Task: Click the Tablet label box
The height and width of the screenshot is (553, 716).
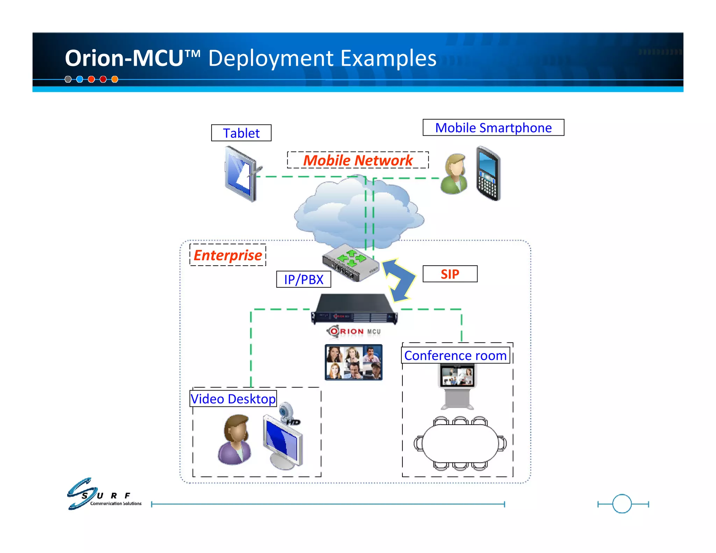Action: tap(241, 133)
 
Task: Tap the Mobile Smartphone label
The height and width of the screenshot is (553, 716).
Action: tap(493, 128)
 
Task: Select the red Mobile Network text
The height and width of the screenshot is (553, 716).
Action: tap(358, 160)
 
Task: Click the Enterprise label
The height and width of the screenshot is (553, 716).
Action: tap(228, 255)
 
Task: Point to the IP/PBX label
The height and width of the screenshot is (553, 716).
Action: tap(303, 279)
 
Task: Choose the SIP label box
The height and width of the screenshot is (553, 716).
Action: tap(450, 274)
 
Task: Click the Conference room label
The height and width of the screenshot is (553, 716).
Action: tap(455, 355)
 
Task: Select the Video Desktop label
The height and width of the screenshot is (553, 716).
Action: tap(233, 399)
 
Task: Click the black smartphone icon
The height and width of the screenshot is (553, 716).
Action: tap(488, 174)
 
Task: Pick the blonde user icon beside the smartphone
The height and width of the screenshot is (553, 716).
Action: tap(454, 174)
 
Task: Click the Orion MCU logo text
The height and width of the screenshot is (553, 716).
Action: tap(354, 331)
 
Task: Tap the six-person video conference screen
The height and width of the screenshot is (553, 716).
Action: tap(353, 362)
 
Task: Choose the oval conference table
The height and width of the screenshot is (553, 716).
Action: tap(460, 443)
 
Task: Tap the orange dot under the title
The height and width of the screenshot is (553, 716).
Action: tap(115, 79)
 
